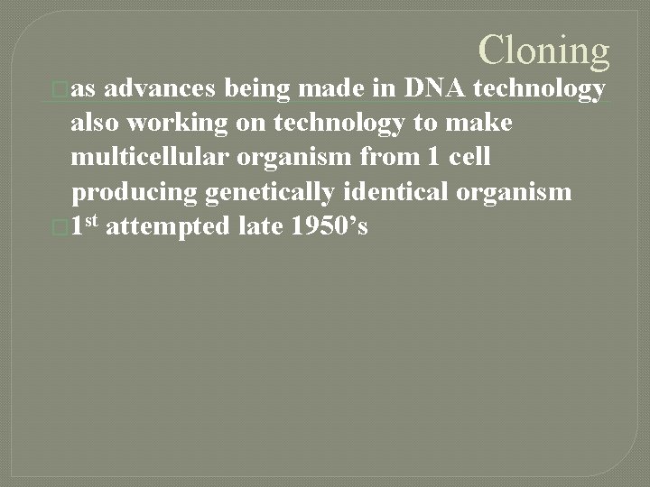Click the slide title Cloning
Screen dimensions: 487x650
(x=544, y=51)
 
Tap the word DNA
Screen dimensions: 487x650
(x=436, y=87)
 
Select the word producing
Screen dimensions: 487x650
(x=135, y=192)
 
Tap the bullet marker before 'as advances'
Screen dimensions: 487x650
(x=60, y=88)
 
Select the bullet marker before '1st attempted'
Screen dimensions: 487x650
(x=60, y=227)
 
